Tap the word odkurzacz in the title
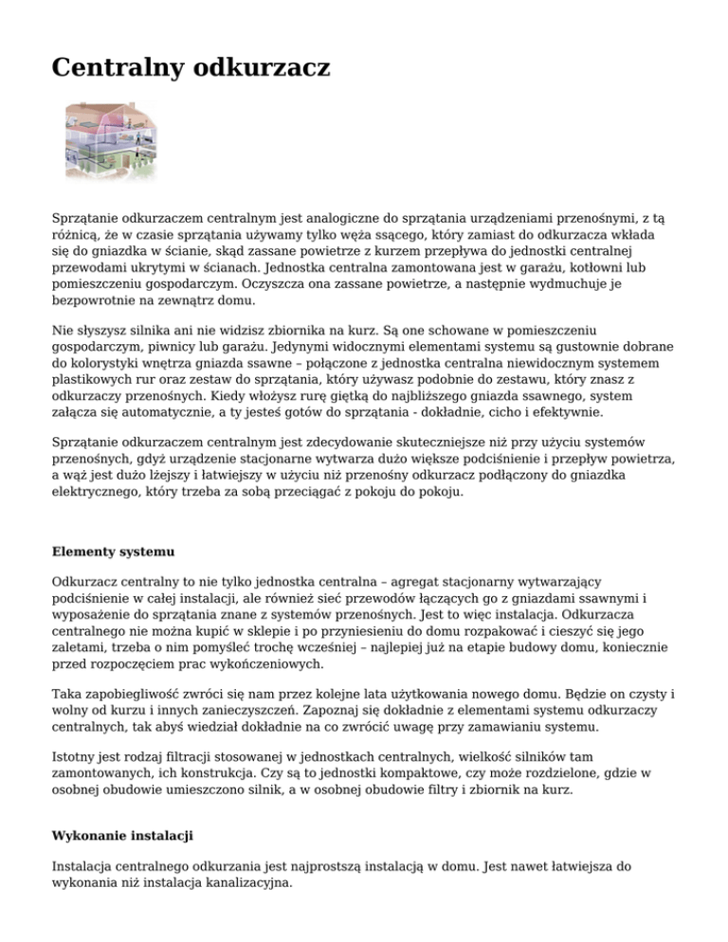(264, 68)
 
